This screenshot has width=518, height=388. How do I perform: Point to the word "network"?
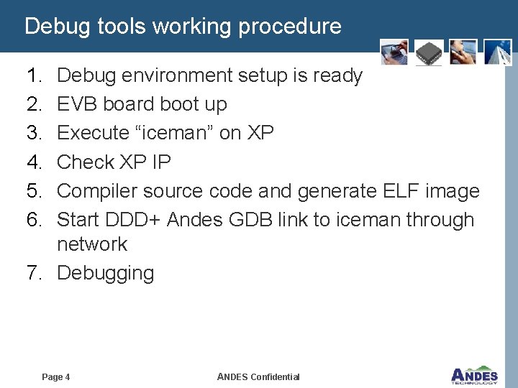[92, 244]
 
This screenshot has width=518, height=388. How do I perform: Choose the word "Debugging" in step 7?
[105, 274]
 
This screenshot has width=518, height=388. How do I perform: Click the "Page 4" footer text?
[56, 377]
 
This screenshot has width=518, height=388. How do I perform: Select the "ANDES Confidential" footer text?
[258, 377]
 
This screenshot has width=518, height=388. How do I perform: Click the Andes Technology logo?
[474, 374]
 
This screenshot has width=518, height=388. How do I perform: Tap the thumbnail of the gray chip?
[429, 52]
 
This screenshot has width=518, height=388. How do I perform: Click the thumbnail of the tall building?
[499, 52]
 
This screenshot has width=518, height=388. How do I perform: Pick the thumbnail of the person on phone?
[463, 52]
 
